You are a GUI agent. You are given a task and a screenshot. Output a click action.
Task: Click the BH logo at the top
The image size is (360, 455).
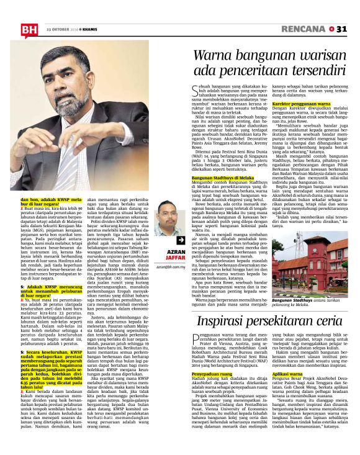(29, 29)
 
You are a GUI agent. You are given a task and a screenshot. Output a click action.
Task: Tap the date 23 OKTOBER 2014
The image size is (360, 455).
(62, 29)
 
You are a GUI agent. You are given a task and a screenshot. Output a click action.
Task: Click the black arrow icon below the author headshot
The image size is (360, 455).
(164, 241)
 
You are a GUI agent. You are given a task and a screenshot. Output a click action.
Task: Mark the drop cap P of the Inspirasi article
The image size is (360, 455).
(197, 341)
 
